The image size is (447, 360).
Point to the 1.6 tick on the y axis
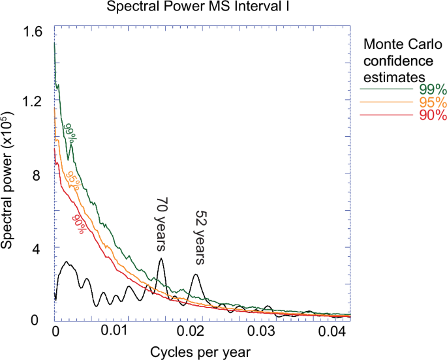click(33, 32)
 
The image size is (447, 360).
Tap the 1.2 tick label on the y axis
click(33, 102)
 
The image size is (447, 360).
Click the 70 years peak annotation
click(161, 224)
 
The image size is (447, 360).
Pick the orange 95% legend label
click(431, 103)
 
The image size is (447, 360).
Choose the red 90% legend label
click(431, 115)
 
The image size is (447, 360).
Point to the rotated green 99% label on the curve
click(70, 132)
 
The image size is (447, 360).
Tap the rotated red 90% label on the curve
click(78, 222)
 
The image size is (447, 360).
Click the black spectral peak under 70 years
click(161, 259)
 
